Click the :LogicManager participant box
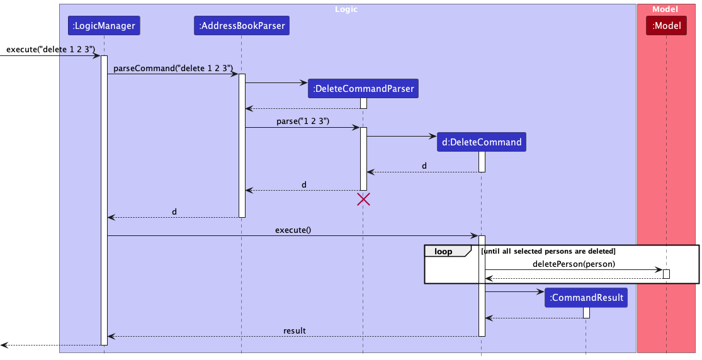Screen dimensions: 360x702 click(x=104, y=26)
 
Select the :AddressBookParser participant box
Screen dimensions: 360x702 click(x=241, y=26)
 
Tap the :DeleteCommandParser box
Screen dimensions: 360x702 click(x=363, y=89)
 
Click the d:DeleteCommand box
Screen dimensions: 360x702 click(x=482, y=142)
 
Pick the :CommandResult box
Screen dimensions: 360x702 click(x=586, y=298)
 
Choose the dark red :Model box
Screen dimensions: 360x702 click(x=667, y=26)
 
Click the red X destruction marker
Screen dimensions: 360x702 click(x=363, y=200)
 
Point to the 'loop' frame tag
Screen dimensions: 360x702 click(x=444, y=251)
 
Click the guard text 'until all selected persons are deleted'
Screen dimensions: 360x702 click(x=548, y=251)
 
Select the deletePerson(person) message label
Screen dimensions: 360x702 click(x=574, y=264)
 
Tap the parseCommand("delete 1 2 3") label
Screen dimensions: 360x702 click(x=173, y=68)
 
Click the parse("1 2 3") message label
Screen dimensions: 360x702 click(x=303, y=121)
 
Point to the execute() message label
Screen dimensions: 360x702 click(x=293, y=230)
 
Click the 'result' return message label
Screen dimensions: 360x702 click(x=294, y=330)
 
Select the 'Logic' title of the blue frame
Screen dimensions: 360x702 click(x=347, y=9)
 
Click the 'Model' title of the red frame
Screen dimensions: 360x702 click(x=665, y=9)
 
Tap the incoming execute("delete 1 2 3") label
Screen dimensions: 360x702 click(x=50, y=50)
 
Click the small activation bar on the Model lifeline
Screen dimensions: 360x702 click(x=666, y=274)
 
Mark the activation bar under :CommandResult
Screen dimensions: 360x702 click(x=586, y=312)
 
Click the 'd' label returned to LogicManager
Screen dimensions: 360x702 click(x=174, y=211)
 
